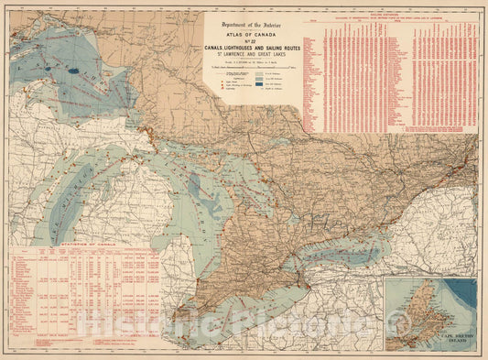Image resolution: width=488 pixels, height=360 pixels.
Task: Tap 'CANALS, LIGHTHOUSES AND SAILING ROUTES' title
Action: [252, 48]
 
